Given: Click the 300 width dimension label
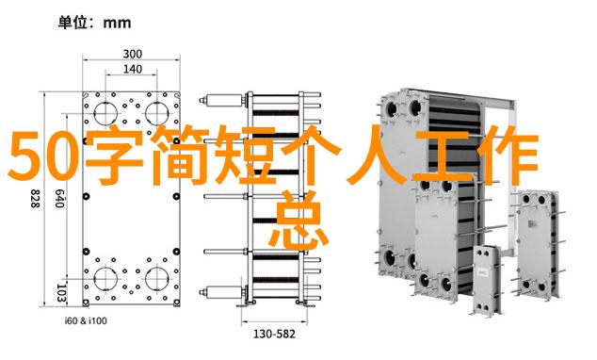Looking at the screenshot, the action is click(x=132, y=54).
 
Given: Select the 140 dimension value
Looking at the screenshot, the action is click(x=132, y=70).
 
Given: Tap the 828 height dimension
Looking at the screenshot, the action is click(x=35, y=199).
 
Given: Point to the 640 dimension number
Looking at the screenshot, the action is click(x=58, y=199).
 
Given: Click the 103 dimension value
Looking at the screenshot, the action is click(x=61, y=293).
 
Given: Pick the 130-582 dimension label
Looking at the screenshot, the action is click(x=274, y=335).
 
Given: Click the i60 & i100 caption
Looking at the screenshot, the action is click(x=86, y=320).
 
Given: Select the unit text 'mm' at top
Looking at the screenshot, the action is click(x=118, y=24).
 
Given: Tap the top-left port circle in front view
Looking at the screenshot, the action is click(x=105, y=113).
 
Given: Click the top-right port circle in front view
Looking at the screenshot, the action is click(x=156, y=113).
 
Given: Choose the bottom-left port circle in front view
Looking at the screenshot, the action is click(x=105, y=278).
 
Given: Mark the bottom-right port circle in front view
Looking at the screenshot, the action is click(x=156, y=278).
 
